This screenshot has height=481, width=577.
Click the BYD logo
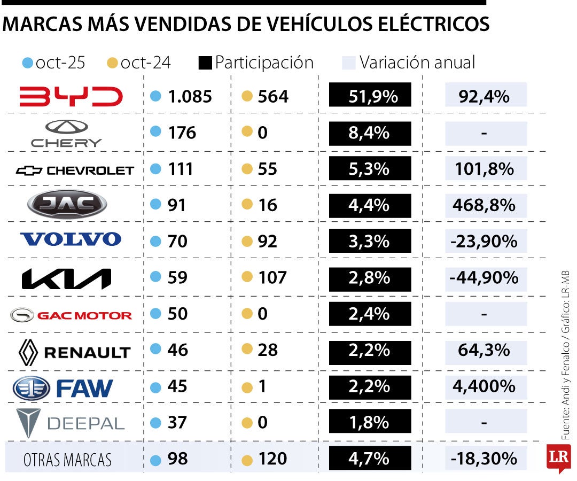pyautogui.click(x=71, y=96)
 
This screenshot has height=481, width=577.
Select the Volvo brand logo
pyautogui.click(x=71, y=239)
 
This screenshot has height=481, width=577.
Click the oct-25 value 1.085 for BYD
pyautogui.click(x=190, y=97)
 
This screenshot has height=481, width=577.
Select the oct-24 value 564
pyautogui.click(x=272, y=97)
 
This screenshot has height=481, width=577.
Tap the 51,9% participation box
pyautogui.click(x=370, y=97)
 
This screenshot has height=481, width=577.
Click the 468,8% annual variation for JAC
pyautogui.click(x=484, y=205)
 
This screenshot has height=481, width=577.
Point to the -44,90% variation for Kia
pyautogui.click(x=484, y=278)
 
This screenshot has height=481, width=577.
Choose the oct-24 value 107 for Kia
pyautogui.click(x=272, y=278)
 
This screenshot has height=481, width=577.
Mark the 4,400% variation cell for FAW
pyautogui.click(x=484, y=386)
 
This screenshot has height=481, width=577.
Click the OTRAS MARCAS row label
pyautogui.click(x=67, y=460)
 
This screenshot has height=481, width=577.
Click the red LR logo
pyautogui.click(x=558, y=457)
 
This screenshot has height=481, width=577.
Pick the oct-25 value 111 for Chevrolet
pyautogui.click(x=181, y=169)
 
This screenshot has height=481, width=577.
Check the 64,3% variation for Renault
pyautogui.click(x=484, y=351)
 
